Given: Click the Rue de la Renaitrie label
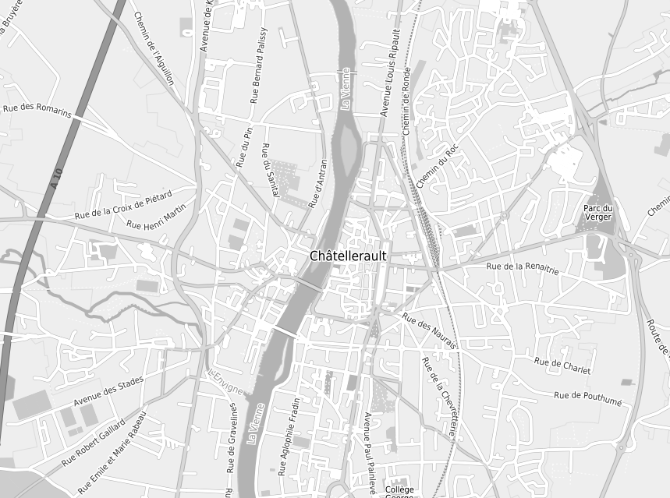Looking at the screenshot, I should [523, 268].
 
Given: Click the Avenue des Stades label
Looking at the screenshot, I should [109, 392].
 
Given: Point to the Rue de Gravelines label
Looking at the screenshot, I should [232, 438].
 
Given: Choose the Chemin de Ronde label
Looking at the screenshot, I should [406, 101].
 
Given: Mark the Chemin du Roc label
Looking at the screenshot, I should [439, 166].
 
